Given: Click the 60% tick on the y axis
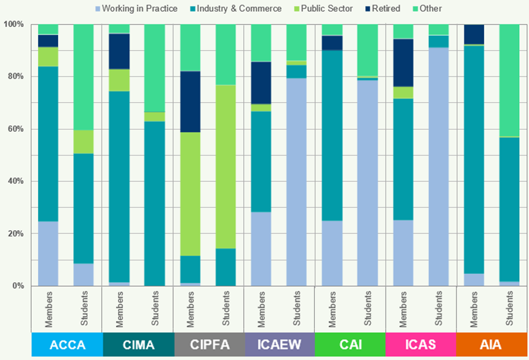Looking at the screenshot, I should click(x=14, y=129).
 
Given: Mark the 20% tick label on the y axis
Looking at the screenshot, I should click(x=14, y=234).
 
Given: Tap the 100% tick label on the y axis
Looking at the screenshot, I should click(x=13, y=24).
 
